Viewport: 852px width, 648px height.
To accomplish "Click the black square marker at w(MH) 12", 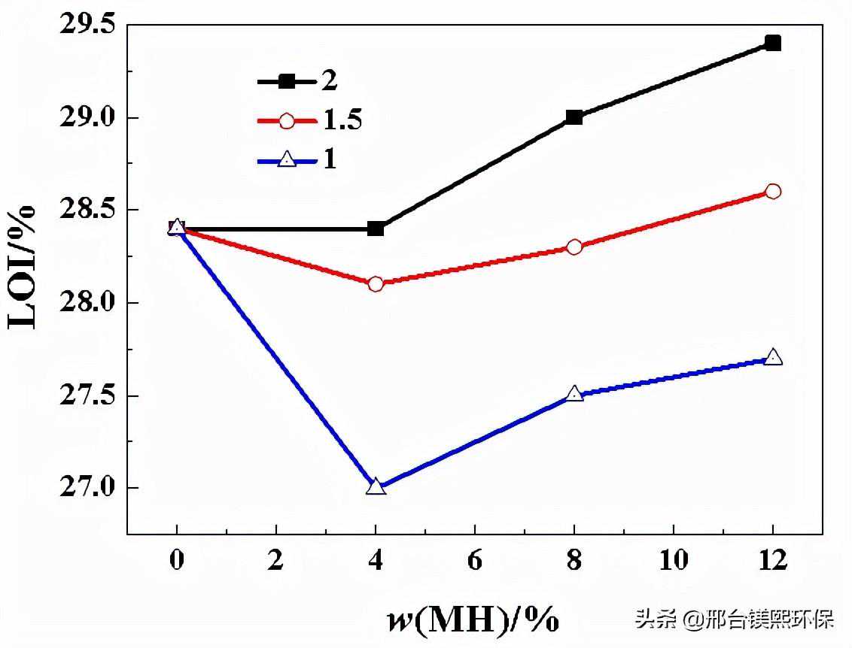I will [x=772, y=43].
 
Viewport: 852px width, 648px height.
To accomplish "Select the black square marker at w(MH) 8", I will [x=574, y=117].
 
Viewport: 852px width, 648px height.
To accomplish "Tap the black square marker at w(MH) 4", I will [x=376, y=229].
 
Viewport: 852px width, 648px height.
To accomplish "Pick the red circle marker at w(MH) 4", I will [x=376, y=284].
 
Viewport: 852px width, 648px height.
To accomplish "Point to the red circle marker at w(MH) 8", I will [x=574, y=247].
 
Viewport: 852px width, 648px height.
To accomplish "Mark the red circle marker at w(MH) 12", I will [x=772, y=191].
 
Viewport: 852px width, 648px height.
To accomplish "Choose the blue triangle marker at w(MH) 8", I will [x=574, y=394].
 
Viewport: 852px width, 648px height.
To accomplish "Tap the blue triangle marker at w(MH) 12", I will [x=772, y=357].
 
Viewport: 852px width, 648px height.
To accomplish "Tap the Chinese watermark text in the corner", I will [x=735, y=620].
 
